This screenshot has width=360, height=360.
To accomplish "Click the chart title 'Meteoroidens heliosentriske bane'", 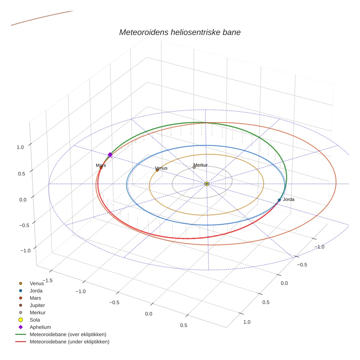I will coord(180,32).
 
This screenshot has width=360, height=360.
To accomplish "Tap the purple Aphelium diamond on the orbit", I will coord(110,155).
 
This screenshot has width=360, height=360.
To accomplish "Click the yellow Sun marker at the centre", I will coord(207,184).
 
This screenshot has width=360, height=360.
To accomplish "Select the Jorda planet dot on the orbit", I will coord(279,200).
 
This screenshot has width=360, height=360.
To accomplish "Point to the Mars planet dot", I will coord(101,168).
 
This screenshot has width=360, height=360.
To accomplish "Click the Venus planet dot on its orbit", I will coord(157,170).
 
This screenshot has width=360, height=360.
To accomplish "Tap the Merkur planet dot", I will coord(194,167).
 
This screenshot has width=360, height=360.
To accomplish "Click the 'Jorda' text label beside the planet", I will coord(288,199).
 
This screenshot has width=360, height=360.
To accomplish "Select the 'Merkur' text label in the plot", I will coord(201,165).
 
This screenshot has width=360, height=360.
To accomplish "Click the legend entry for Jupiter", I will coord(37,305).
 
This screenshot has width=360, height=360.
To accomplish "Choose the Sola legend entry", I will coord(35,320).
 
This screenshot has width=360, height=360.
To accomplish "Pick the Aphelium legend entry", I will coord(40,327).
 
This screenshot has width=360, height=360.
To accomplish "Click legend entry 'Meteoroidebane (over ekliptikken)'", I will coord(68,334).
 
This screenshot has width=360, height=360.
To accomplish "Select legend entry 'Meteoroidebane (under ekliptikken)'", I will coord(69,342).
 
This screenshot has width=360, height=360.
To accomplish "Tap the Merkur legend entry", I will coord(37,312).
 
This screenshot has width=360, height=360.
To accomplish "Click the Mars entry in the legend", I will coord(35,298).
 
